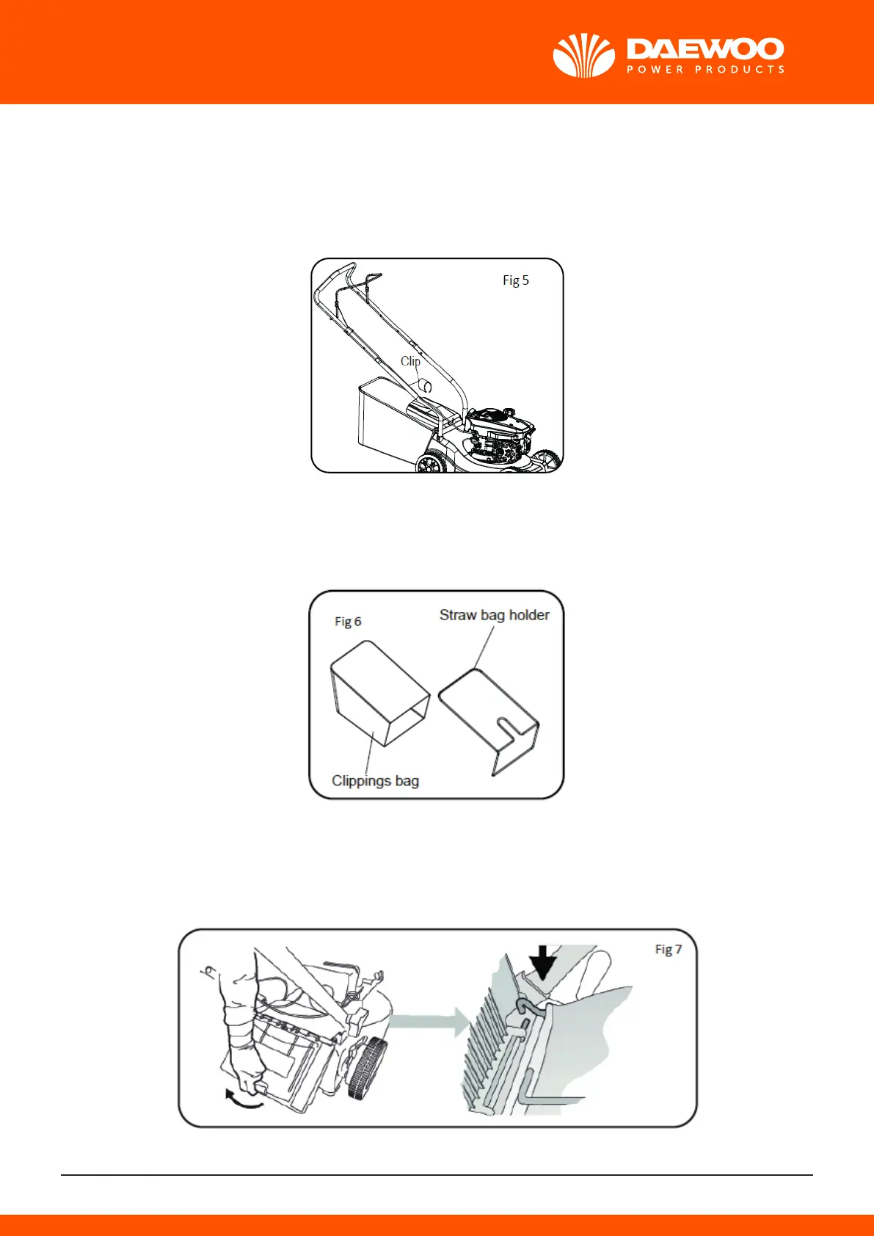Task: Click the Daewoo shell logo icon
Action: (x=583, y=56)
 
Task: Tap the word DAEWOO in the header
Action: (x=705, y=49)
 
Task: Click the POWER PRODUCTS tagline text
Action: (x=705, y=70)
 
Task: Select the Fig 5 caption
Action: (x=515, y=280)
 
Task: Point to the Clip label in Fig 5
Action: (x=410, y=361)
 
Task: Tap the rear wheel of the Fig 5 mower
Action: (x=431, y=462)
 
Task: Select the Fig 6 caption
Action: (x=348, y=622)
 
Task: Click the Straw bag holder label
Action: (x=494, y=615)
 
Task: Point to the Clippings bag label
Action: (x=375, y=780)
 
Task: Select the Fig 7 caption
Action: (x=668, y=949)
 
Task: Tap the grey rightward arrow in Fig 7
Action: (x=429, y=1021)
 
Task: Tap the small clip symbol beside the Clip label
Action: (x=425, y=385)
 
